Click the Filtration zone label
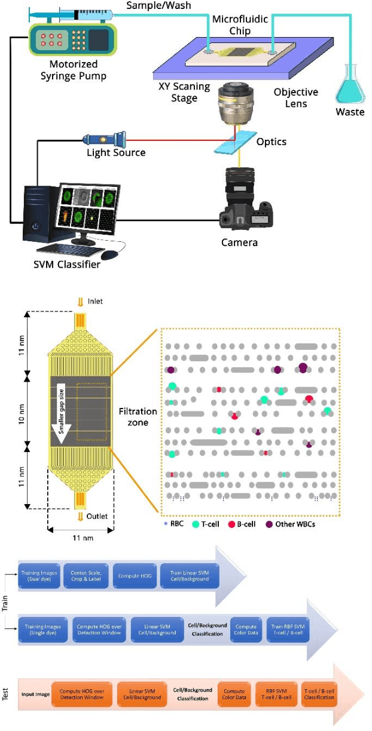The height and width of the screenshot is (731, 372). point(138,417)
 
